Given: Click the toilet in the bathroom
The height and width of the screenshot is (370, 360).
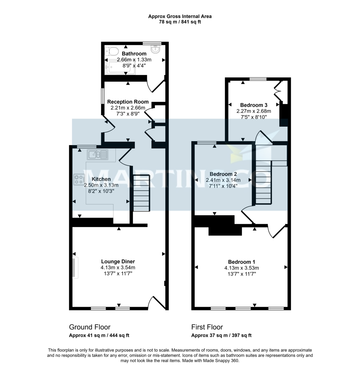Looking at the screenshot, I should [111, 50].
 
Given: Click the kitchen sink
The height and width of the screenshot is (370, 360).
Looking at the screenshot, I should [97, 154].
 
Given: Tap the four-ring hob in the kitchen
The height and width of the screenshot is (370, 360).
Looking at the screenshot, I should [79, 179].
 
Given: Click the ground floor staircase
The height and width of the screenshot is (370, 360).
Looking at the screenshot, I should [141, 193].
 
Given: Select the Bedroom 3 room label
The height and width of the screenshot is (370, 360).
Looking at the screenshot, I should [253, 105].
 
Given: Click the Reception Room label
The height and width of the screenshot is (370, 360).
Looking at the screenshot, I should [128, 102].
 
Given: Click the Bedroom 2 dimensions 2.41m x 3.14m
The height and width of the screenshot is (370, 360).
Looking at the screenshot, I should [223, 180].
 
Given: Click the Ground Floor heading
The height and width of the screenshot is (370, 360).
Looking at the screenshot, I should [90, 327].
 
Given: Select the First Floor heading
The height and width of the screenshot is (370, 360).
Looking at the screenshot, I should [207, 327].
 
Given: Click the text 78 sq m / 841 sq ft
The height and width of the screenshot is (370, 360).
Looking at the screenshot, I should [180, 22].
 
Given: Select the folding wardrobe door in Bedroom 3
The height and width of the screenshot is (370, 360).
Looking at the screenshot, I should [278, 91].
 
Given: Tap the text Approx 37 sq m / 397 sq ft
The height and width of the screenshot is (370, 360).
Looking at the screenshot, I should [221, 335].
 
